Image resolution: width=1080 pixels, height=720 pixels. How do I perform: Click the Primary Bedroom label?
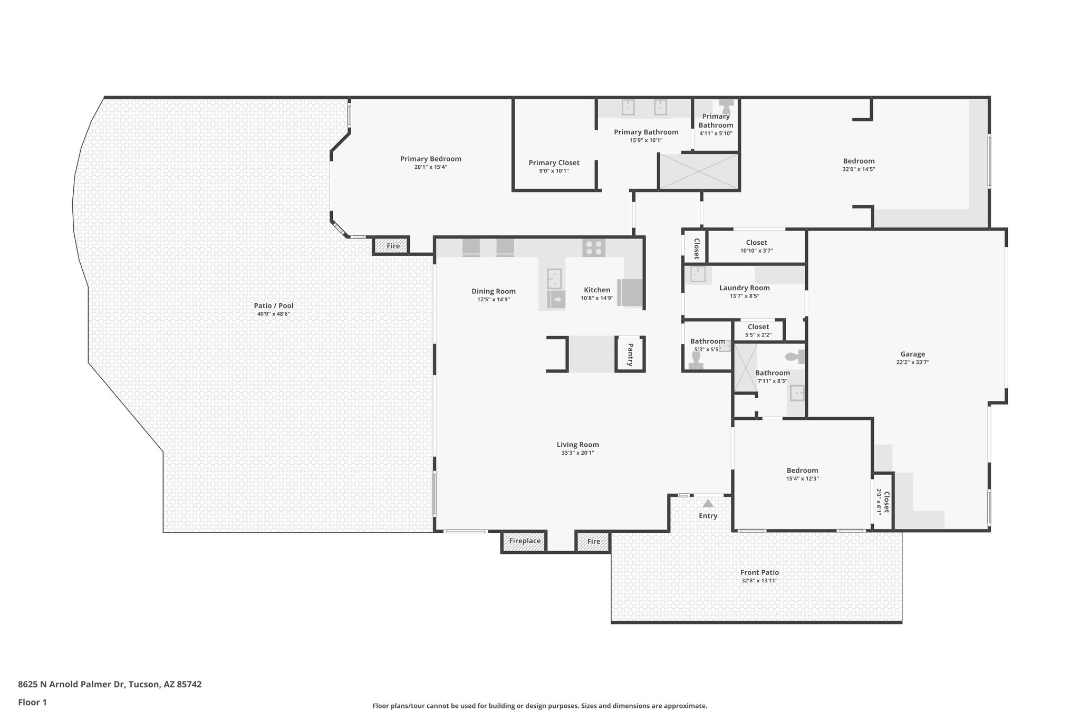pyautogui.click(x=430, y=159)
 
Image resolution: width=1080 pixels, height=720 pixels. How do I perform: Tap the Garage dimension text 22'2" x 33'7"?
pyautogui.click(x=912, y=362)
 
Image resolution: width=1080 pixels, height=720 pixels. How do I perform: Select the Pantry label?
pyautogui.click(x=630, y=354)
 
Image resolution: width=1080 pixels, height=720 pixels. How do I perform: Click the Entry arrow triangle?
pyautogui.click(x=708, y=504)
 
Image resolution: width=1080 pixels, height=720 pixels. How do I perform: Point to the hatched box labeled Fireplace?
pyautogui.click(x=524, y=541)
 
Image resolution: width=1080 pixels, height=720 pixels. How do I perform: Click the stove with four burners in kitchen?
pyautogui.click(x=594, y=248)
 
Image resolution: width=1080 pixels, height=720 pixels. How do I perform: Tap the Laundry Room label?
pyautogui.click(x=744, y=288)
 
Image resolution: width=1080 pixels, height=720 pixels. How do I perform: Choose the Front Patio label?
pyautogui.click(x=759, y=572)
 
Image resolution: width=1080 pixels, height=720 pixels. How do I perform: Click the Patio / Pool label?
pyautogui.click(x=273, y=306)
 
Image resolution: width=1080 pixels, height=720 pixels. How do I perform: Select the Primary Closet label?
pyautogui.click(x=554, y=163)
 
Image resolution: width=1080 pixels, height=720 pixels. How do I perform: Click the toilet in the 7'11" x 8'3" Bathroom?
pyautogui.click(x=794, y=357)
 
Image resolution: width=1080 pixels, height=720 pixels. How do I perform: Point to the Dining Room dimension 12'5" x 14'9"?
pyautogui.click(x=493, y=300)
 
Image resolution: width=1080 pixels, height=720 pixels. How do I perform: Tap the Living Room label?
pyautogui.click(x=577, y=445)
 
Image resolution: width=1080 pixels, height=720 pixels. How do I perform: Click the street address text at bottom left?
pyautogui.click(x=110, y=685)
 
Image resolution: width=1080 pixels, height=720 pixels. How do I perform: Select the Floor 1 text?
pyautogui.click(x=33, y=702)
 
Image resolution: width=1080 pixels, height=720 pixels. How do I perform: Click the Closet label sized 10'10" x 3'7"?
pyautogui.click(x=756, y=243)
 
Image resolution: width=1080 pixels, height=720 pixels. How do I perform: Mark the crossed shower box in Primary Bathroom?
pyautogui.click(x=698, y=171)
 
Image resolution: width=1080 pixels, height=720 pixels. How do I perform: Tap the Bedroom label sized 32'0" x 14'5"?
pyautogui.click(x=859, y=161)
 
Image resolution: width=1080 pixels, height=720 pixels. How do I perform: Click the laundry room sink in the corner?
pyautogui.click(x=698, y=274)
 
